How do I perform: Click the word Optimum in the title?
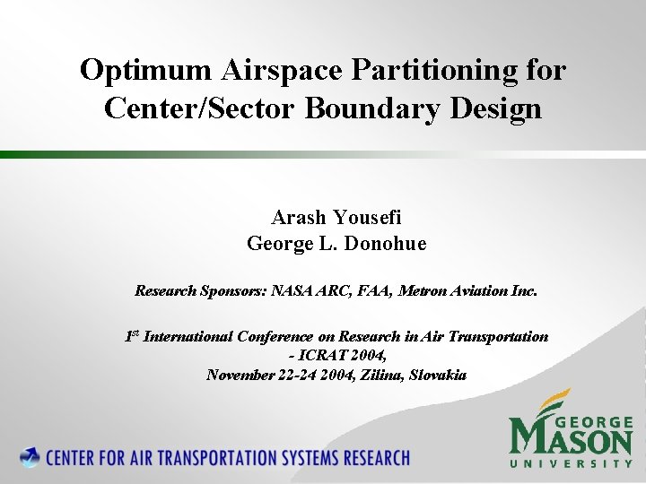(133, 70)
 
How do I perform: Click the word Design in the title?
(501, 108)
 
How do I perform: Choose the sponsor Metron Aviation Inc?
(467, 290)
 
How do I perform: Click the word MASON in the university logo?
(571, 439)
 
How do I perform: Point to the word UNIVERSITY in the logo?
(572, 464)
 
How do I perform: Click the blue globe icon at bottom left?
(31, 457)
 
